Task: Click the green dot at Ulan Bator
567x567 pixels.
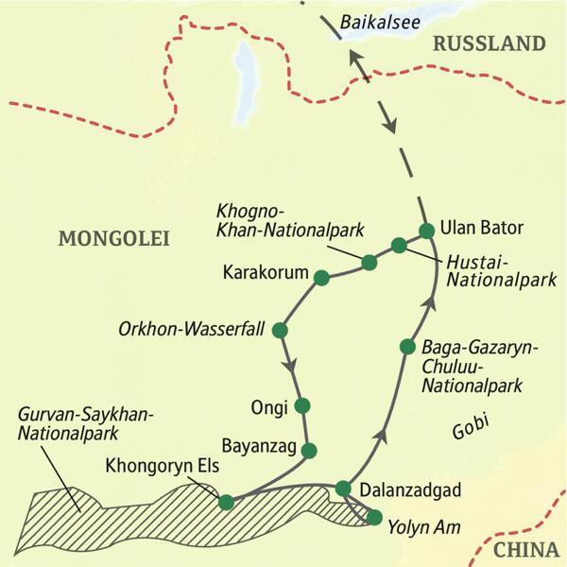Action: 426,230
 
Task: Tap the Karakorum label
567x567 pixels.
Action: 266,273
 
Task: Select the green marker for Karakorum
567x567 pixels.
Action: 321,278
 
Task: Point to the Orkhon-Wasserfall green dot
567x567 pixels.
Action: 280,330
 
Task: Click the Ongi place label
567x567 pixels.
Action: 265,406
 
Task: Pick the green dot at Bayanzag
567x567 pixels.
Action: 307,451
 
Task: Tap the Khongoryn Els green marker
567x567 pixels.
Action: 226,502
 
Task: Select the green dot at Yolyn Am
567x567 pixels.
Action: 374,517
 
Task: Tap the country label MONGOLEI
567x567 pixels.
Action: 113,239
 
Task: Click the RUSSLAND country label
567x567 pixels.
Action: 488,43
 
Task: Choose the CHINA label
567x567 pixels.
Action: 527,549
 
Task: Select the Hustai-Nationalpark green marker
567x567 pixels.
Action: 399,246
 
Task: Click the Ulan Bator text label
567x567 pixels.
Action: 481,229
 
